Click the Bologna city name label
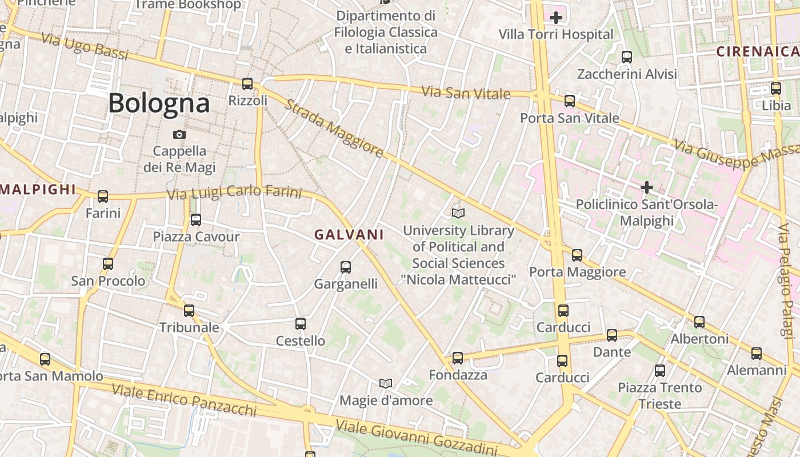pos(159,103)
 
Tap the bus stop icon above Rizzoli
pos(247,84)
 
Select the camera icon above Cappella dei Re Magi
pos(179,135)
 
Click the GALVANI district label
pos(349,235)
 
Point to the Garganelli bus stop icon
pos(346,267)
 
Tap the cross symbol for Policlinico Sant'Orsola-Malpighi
pos(647,187)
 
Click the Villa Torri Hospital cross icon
pos(555,18)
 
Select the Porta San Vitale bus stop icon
pos(570,101)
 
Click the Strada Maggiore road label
pos(335,129)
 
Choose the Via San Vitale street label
pos(466,93)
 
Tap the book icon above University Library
pos(458,213)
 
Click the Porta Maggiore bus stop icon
pos(577,255)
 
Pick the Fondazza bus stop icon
pos(458,358)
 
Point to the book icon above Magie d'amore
pos(386,383)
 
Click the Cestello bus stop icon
pos(301,324)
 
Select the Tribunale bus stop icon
pos(189,311)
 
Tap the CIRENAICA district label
pos(758,51)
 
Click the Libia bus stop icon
pos(776,89)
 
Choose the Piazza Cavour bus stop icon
pos(196,219)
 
